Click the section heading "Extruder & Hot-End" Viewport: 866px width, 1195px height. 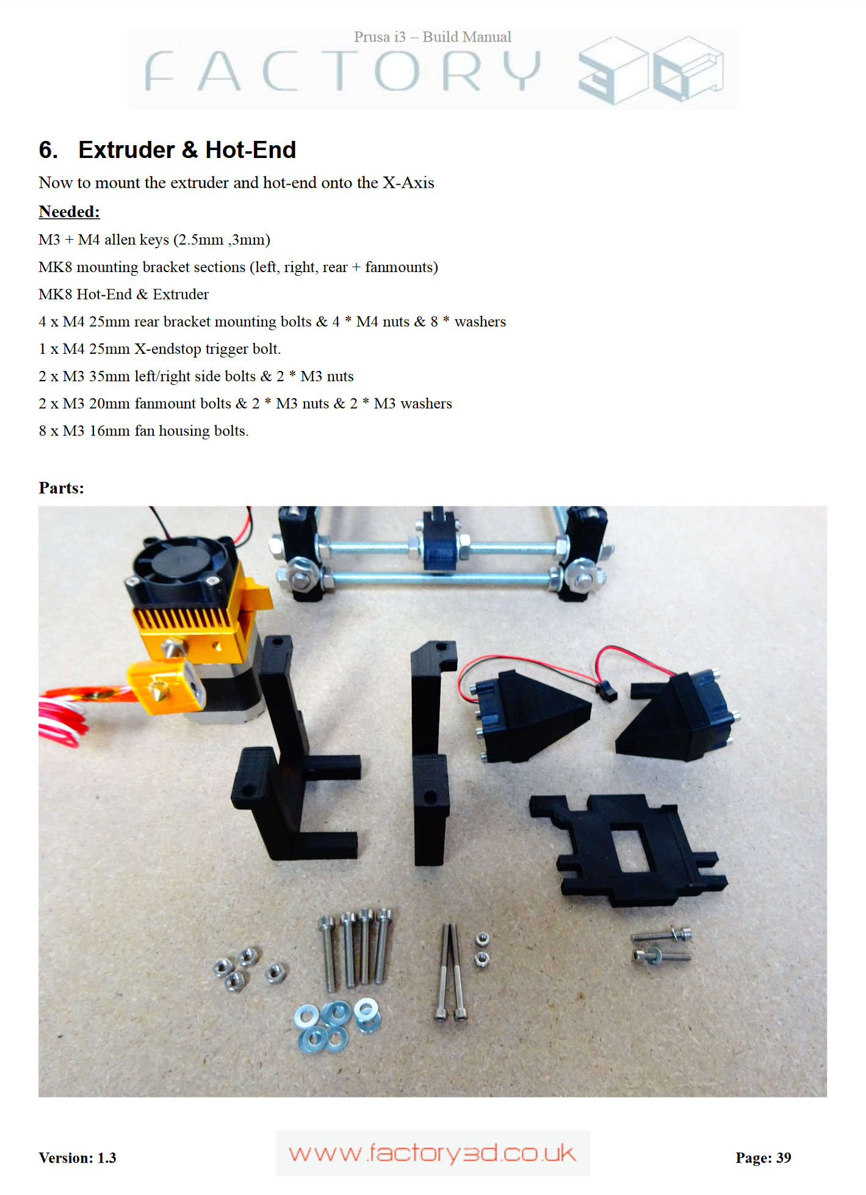187,150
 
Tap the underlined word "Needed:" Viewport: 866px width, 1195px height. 69,212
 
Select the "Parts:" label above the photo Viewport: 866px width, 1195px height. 61,488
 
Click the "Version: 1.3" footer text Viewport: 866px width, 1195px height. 78,1158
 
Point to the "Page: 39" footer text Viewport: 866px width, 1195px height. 763,1158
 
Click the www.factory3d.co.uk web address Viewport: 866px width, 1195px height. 433,1154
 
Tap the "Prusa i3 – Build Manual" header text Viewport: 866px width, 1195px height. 433,37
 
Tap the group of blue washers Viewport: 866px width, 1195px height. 337,1024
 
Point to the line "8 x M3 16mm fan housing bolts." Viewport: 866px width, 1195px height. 143,431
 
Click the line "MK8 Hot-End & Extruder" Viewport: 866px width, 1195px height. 123,294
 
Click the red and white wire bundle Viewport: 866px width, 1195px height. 64,714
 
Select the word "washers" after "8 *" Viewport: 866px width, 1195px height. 480,321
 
